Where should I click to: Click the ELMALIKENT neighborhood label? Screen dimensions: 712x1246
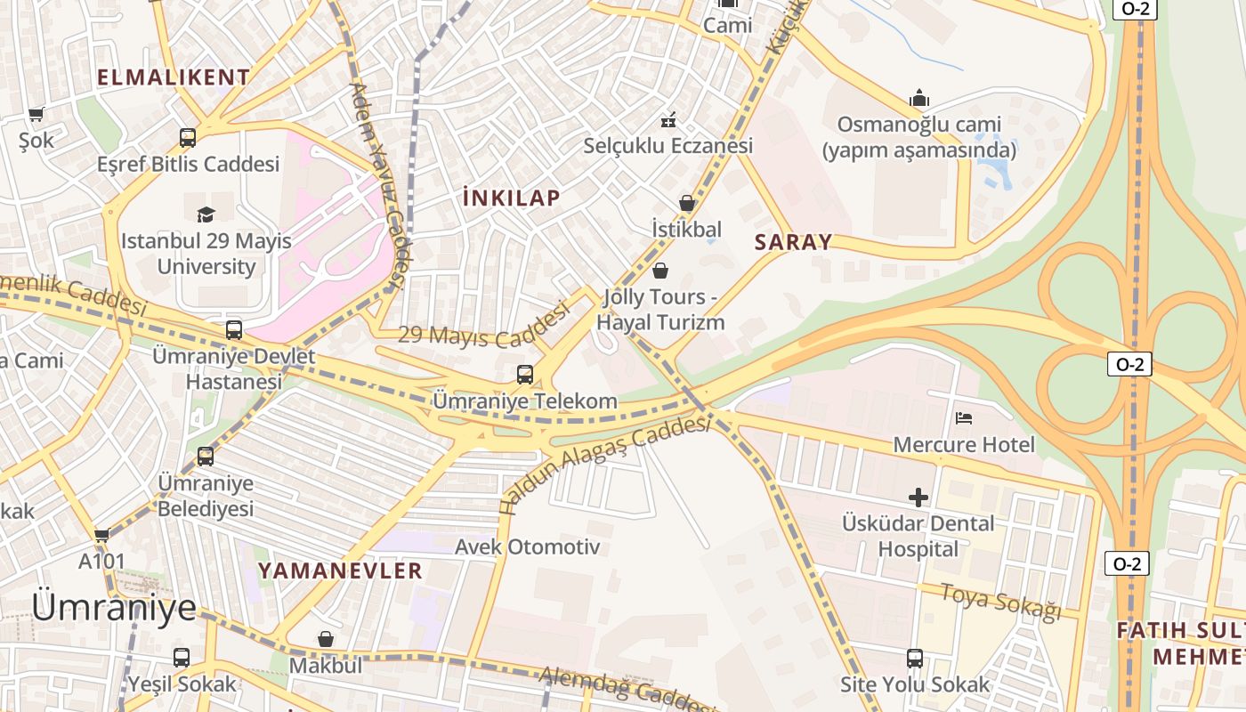click(x=174, y=77)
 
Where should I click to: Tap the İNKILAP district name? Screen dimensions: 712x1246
click(x=512, y=198)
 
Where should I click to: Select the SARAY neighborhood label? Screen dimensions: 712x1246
click(x=793, y=242)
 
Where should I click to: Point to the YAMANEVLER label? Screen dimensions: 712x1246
click(x=340, y=570)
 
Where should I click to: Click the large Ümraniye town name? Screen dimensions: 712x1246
click(x=114, y=607)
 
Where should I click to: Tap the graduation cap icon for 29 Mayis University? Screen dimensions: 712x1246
click(x=206, y=214)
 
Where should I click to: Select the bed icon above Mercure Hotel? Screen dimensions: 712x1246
click(x=964, y=417)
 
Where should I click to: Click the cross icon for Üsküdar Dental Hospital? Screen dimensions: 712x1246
click(x=918, y=497)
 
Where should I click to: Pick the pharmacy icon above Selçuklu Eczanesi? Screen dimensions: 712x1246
click(x=668, y=119)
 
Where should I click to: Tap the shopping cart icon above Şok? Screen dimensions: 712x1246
click(x=36, y=114)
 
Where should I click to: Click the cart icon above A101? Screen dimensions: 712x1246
click(x=101, y=535)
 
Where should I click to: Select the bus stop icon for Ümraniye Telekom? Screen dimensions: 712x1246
click(x=525, y=374)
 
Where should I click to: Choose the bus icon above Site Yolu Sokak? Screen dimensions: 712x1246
click(x=915, y=659)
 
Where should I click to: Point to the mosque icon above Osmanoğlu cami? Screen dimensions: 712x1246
click(x=919, y=98)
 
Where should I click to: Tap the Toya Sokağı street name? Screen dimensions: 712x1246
click(x=1001, y=603)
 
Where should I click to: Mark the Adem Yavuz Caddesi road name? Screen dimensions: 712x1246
click(x=379, y=187)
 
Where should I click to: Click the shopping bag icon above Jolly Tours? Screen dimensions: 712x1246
click(x=660, y=270)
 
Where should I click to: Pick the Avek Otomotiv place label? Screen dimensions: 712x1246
click(x=528, y=546)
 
